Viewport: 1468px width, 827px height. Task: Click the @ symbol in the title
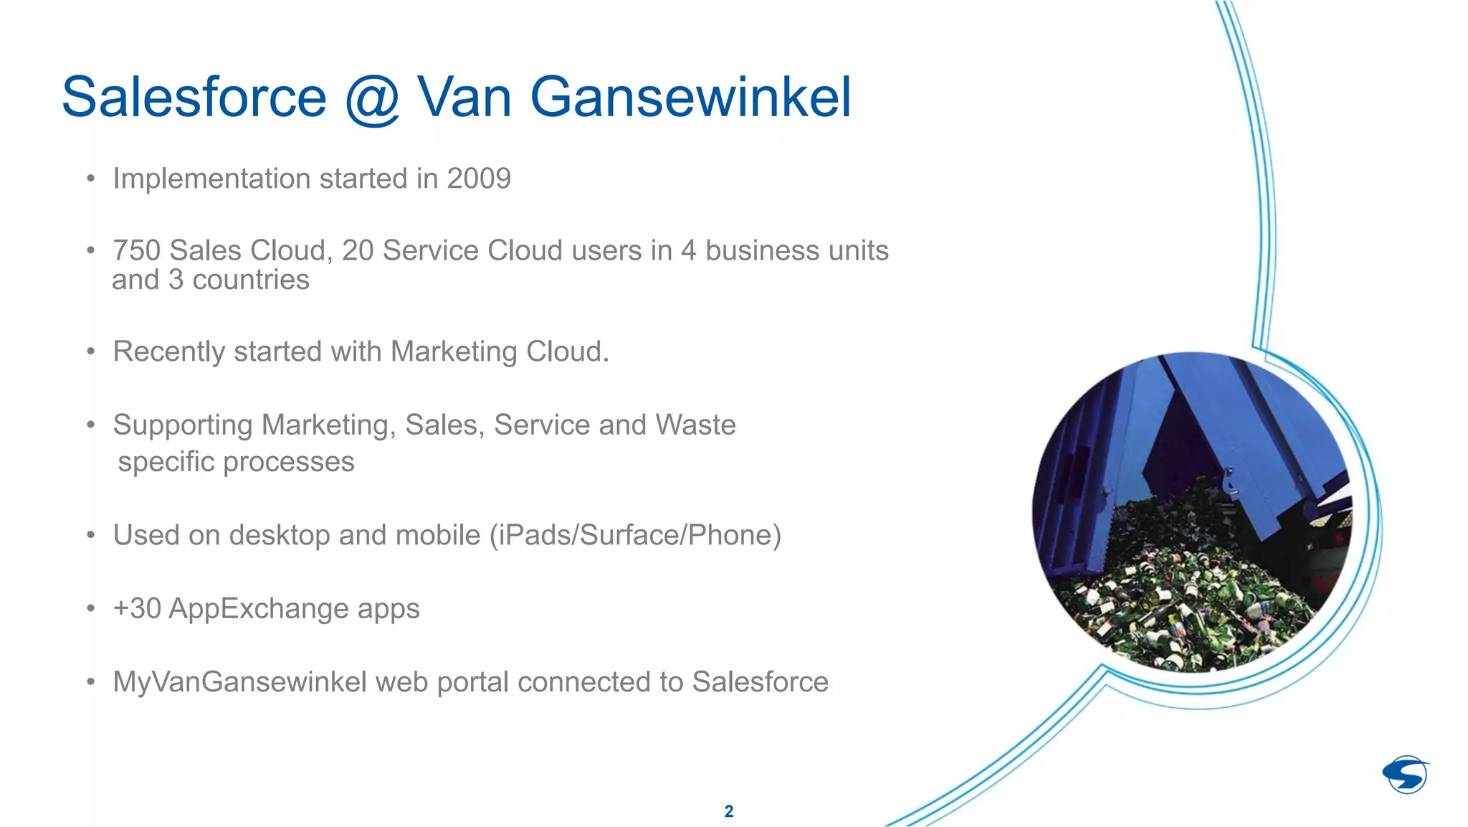tap(372, 99)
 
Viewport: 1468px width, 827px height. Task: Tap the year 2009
tap(479, 179)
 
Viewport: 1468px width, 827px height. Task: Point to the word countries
tap(251, 280)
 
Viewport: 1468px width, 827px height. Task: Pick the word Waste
tap(695, 425)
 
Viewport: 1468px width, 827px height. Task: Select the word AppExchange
tap(259, 609)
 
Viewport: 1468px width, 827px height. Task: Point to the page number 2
tap(729, 811)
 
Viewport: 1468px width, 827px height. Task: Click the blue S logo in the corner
tap(1406, 775)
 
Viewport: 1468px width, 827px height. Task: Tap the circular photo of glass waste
tap(1191, 512)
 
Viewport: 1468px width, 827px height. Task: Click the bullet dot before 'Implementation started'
tap(90, 179)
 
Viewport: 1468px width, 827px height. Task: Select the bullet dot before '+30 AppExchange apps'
tap(90, 609)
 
